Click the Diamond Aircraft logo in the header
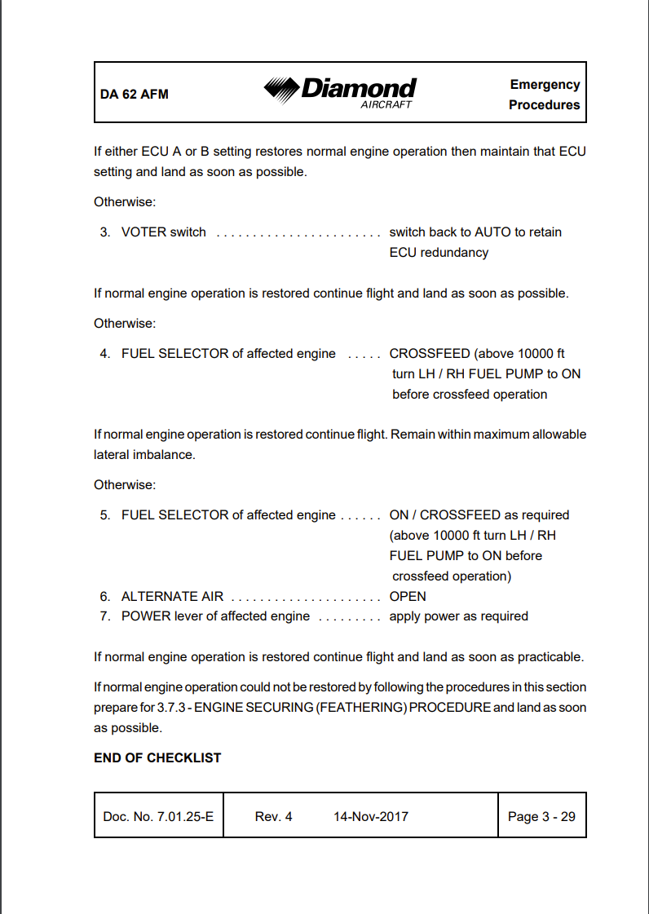(x=340, y=91)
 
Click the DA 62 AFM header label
(x=135, y=94)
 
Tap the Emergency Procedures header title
(x=544, y=95)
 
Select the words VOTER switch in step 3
(x=163, y=232)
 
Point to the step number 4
(x=105, y=354)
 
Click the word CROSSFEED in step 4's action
(x=429, y=354)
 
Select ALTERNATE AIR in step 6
(x=172, y=597)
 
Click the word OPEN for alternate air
(x=408, y=597)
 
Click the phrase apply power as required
(x=458, y=616)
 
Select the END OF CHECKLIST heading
(x=157, y=757)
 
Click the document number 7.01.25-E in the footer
(x=185, y=816)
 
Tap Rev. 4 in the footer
(x=273, y=816)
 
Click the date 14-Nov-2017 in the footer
(x=371, y=816)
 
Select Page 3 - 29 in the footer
(x=541, y=816)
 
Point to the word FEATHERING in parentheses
(x=365, y=708)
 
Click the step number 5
(x=105, y=515)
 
